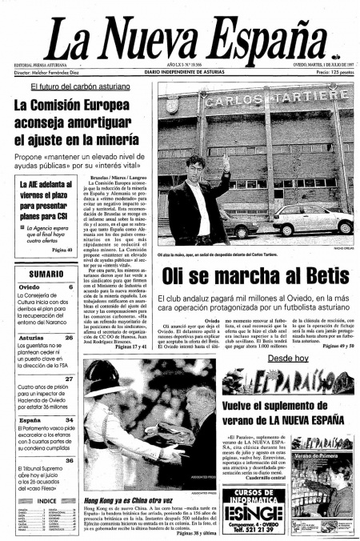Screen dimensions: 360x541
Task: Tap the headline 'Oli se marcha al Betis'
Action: point(245,275)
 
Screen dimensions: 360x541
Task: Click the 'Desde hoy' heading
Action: point(288,359)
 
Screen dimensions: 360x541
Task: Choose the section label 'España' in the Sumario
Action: point(30,419)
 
